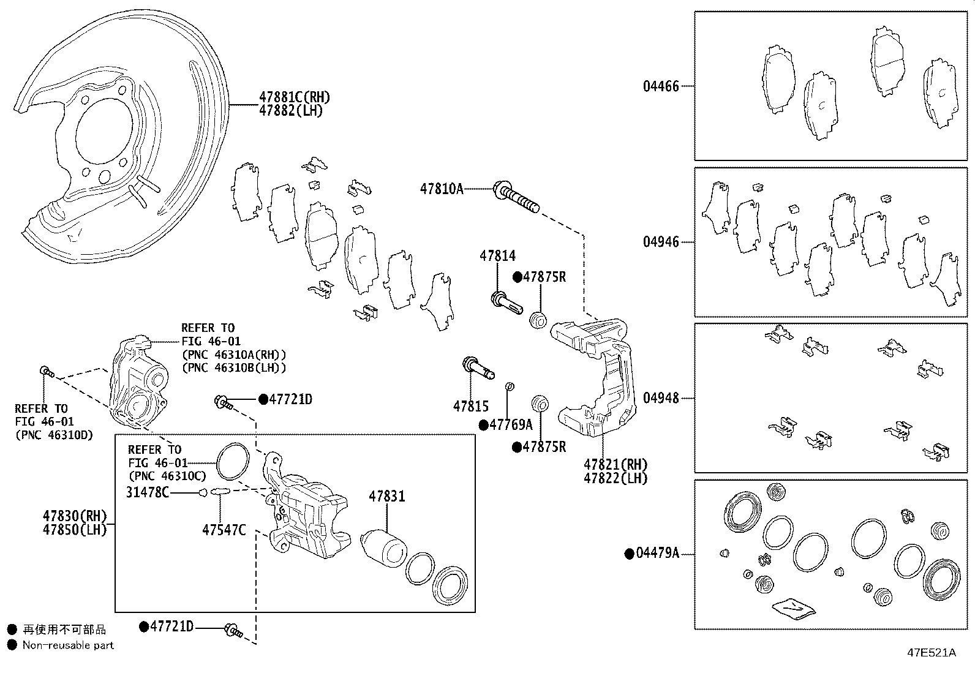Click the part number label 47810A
[442, 189]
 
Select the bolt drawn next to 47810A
[516, 197]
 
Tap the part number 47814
[497, 256]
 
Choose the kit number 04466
[661, 86]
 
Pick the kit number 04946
[661, 242]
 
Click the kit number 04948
[661, 398]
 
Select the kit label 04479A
[657, 554]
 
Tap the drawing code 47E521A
[931, 652]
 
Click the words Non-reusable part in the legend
[68, 645]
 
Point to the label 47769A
[511, 424]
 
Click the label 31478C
[148, 492]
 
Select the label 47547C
[224, 530]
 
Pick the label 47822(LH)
[615, 478]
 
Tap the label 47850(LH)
[75, 529]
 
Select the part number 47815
[470, 405]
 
